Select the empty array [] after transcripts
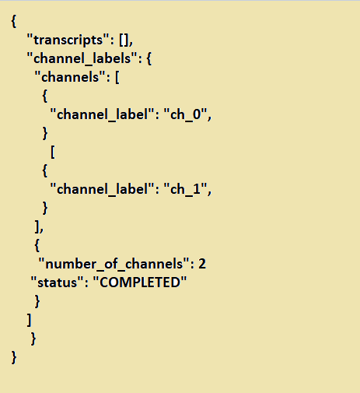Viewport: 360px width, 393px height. point(124,40)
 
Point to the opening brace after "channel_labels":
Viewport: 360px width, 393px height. point(149,58)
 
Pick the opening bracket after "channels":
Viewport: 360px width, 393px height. point(117,77)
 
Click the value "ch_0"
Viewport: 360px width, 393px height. point(186,114)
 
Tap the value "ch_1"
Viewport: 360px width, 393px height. point(186,189)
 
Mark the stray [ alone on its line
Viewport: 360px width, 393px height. point(53,152)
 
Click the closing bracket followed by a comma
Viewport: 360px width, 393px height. point(37,226)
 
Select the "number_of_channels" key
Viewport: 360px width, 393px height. point(114,264)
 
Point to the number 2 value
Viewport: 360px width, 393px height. point(202,264)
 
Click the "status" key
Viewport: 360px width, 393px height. point(57,282)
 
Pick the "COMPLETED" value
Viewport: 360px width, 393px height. point(140,282)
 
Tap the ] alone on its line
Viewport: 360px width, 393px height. point(30,320)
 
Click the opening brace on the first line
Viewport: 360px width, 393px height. point(14,21)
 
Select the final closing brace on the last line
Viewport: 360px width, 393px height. point(14,357)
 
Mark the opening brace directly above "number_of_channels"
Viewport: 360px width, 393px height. point(37,245)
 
